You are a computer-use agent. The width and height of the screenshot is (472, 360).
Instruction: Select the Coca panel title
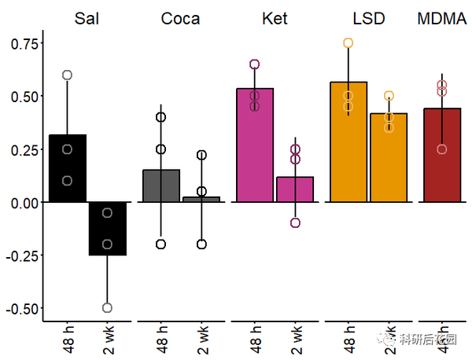click(180, 18)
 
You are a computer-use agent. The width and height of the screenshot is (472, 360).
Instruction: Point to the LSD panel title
click(369, 18)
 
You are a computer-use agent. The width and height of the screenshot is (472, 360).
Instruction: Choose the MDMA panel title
click(442, 18)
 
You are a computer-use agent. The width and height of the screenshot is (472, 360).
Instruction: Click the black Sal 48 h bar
click(68, 169)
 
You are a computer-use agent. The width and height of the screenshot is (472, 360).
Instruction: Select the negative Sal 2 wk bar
click(107, 228)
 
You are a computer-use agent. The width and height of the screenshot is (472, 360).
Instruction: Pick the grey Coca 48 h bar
click(161, 186)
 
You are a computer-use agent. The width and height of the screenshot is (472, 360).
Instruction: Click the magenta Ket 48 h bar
click(255, 145)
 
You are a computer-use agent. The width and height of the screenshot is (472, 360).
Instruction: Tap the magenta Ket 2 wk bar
click(295, 189)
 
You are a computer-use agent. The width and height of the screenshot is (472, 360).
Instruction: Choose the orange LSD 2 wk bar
click(389, 158)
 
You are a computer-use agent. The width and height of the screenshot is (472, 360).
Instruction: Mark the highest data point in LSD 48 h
click(348, 43)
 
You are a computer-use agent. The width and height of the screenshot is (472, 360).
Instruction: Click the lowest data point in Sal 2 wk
click(107, 307)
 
